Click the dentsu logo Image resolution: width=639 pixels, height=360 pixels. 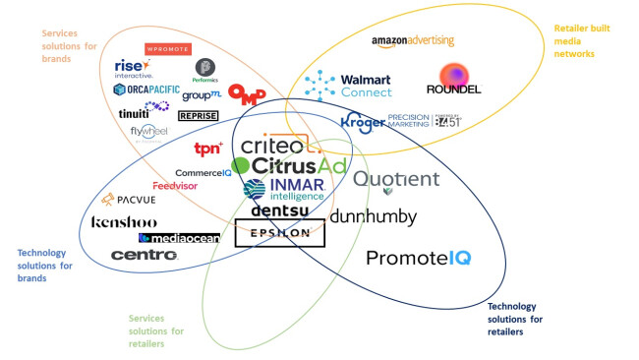point(282,210)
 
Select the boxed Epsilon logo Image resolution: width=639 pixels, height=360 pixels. point(281,234)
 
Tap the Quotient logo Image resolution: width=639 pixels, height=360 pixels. point(396,180)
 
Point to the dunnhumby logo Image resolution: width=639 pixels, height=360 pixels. point(374,217)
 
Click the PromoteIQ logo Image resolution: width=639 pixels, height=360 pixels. point(418,259)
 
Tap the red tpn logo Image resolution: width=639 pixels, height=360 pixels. point(207,150)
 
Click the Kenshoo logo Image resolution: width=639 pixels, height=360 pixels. point(124,222)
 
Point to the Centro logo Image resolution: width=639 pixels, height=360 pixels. point(144,255)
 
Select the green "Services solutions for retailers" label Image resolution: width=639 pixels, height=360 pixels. point(157,330)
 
